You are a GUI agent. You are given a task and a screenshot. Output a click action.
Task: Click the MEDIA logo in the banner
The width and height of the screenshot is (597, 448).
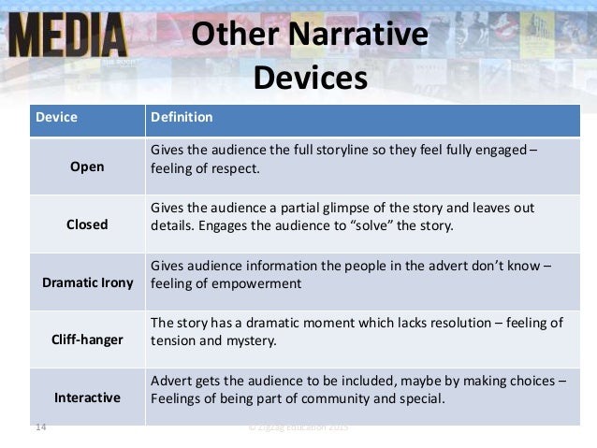66,35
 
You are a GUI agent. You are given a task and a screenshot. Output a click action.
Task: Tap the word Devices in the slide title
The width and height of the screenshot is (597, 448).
310,77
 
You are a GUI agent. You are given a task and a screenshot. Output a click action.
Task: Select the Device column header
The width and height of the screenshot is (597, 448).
56,118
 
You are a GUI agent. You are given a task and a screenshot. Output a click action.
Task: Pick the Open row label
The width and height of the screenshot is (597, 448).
87,166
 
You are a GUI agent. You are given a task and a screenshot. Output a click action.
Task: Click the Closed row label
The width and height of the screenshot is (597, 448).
87,224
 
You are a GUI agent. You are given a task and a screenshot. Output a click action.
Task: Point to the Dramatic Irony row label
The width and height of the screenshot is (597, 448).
87,282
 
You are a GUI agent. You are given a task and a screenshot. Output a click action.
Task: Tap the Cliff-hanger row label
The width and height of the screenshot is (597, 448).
87,340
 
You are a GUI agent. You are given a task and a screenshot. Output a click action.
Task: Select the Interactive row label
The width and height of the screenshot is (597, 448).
87,397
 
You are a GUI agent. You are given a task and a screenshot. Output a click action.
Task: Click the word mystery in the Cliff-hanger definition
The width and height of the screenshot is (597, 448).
252,341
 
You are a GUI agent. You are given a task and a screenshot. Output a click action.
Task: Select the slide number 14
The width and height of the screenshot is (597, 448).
40,428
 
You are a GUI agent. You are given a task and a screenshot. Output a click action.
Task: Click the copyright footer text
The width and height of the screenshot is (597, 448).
298,428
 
